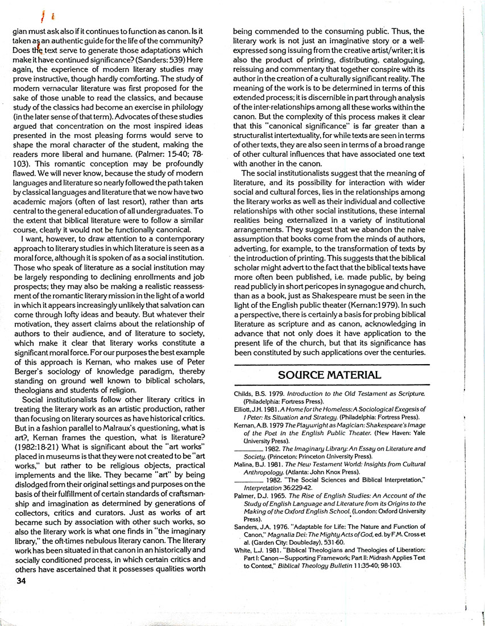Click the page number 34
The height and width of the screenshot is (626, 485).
[18, 582]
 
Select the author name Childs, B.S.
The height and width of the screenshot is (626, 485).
[249, 393]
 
